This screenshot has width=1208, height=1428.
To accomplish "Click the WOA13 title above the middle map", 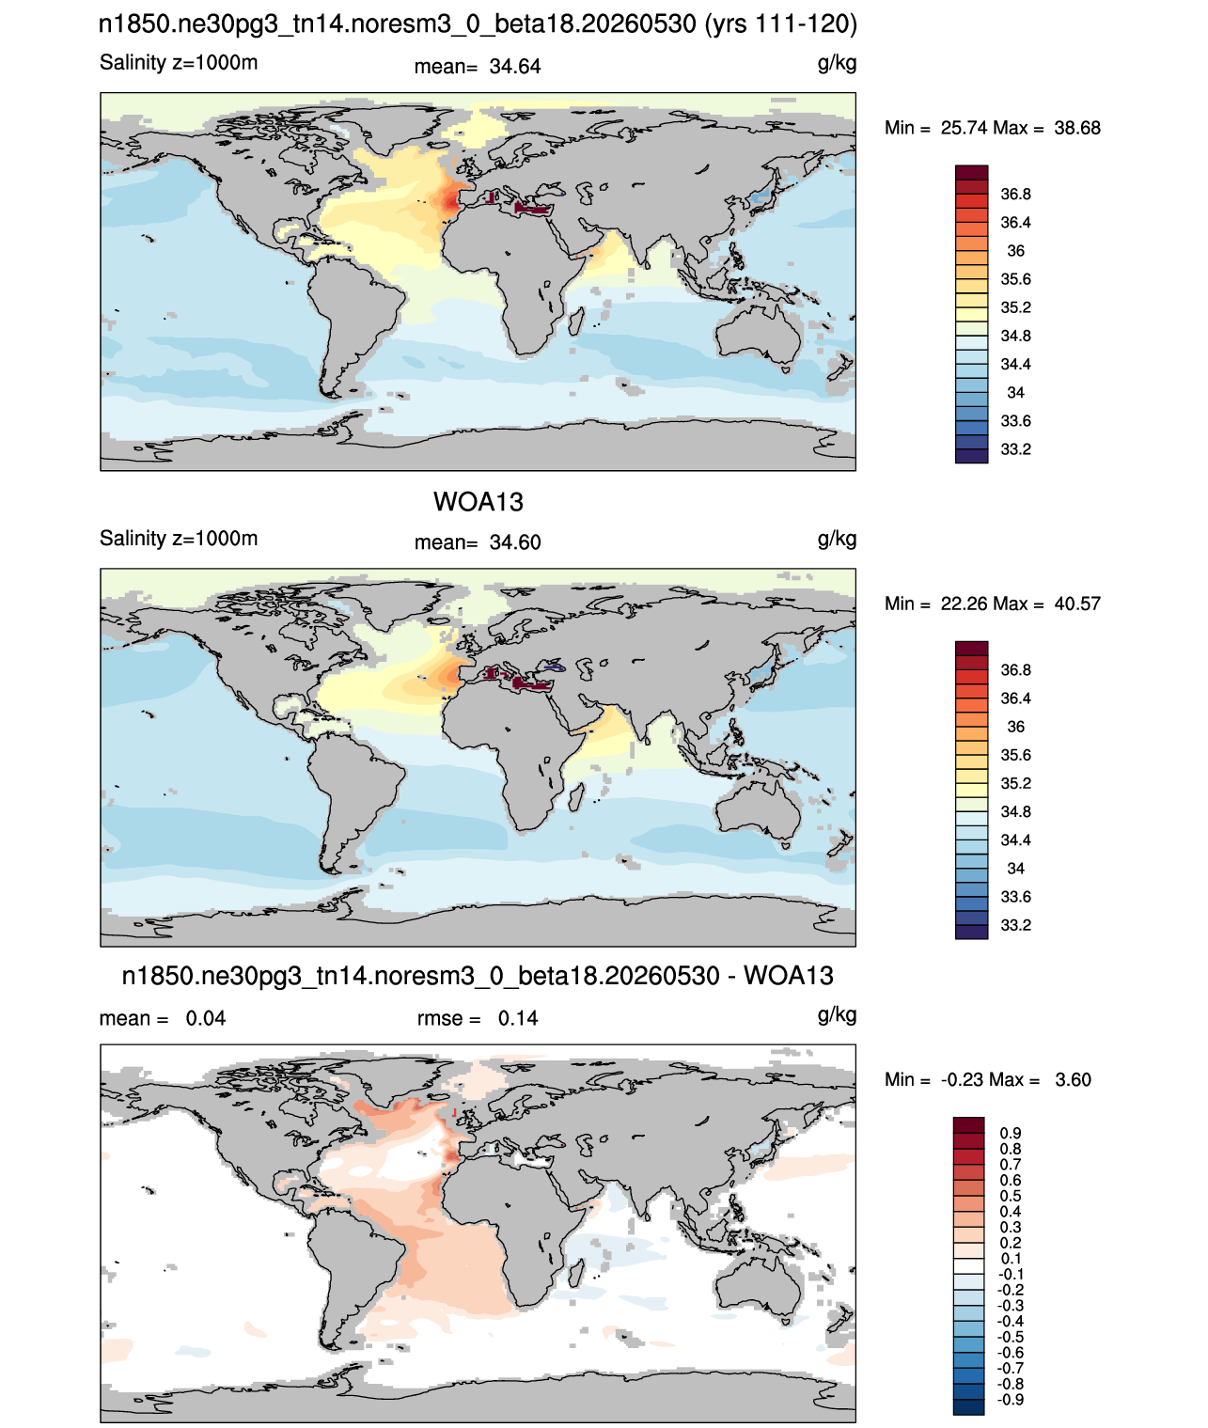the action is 478,502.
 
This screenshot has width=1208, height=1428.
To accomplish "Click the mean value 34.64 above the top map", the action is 514,67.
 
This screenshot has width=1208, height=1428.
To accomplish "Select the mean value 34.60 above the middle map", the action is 514,542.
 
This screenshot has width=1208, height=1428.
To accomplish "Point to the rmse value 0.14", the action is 517,1018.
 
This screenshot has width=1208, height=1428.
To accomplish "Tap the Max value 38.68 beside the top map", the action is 1076,128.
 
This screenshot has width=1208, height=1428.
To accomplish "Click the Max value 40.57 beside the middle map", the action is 1076,604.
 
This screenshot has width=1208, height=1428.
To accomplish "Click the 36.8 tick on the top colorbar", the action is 1015,195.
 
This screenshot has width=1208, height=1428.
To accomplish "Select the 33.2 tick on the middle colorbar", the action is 1015,925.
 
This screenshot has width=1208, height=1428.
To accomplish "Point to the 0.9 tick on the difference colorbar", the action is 1010,1133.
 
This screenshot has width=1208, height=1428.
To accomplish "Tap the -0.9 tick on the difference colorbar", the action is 1010,1400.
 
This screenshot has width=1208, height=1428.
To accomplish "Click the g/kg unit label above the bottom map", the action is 837,1015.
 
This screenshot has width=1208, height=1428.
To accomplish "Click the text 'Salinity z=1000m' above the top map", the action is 179,62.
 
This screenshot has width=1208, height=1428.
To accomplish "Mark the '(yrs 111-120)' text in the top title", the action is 780,24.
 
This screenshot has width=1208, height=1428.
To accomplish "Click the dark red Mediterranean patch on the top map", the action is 532,208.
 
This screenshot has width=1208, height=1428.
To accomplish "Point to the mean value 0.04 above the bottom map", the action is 205,1018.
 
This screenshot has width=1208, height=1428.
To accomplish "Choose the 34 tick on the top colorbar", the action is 1015,392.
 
